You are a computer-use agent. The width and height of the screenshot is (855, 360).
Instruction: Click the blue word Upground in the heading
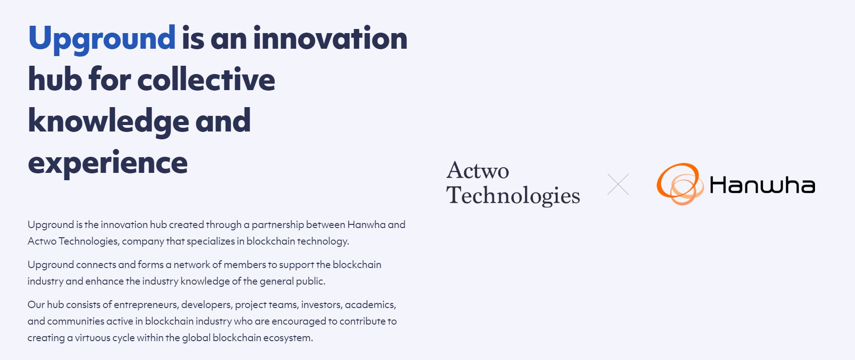pos(102,39)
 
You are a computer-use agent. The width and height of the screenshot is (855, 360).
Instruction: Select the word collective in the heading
pos(206,79)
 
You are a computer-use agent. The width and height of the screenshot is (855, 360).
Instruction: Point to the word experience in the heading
pos(108,163)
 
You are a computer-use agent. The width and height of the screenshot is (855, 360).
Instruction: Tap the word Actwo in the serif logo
pos(478,171)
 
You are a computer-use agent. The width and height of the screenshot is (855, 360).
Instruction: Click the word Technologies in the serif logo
pos(513,196)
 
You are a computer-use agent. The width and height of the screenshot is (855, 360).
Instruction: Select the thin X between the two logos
pos(618,184)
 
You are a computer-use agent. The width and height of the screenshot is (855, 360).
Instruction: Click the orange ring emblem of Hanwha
pos(679,184)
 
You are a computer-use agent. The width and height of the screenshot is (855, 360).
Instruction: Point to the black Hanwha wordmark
pos(762,185)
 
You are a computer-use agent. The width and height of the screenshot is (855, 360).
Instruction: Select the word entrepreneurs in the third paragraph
pos(146,305)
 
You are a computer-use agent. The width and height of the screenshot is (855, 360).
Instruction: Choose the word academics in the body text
pos(370,305)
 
